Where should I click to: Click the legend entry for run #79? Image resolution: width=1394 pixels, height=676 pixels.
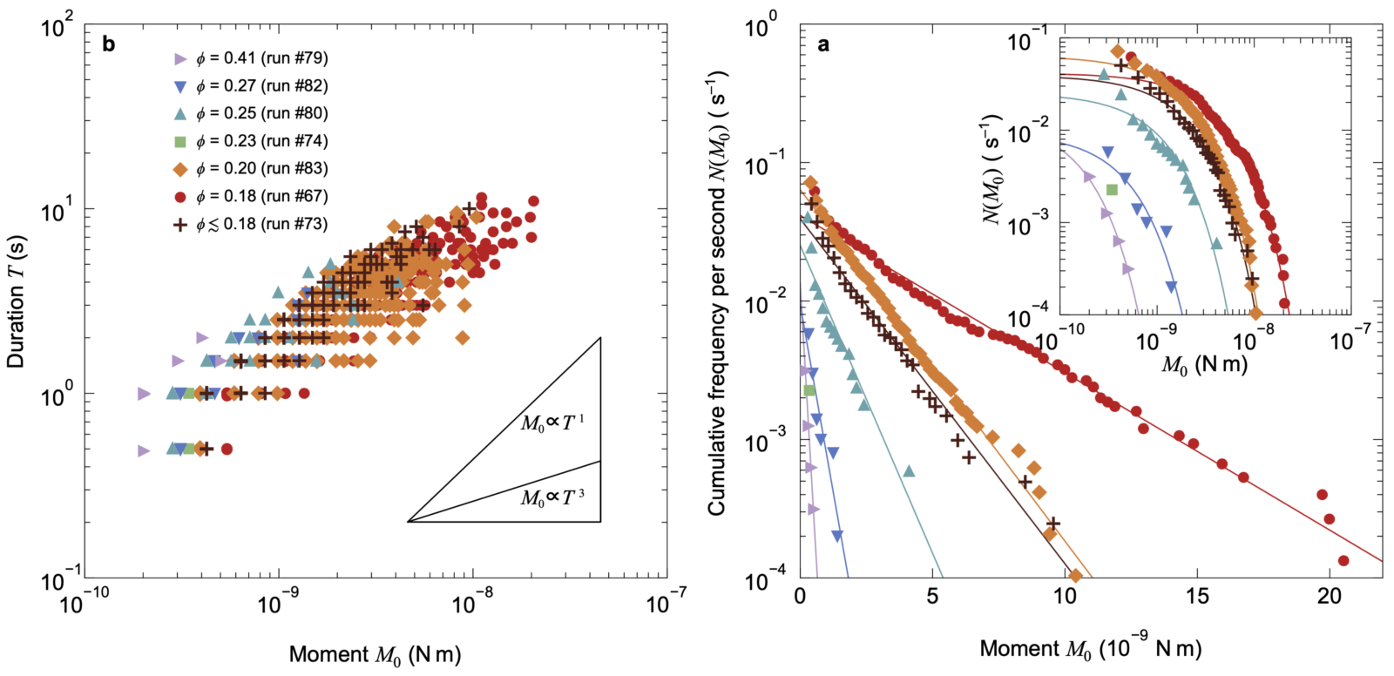tap(251, 58)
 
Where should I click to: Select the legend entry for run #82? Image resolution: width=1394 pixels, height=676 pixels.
tap(251, 85)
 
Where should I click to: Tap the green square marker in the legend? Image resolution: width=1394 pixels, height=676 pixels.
tap(180, 141)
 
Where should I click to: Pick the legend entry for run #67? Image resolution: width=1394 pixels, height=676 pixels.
tap(251, 196)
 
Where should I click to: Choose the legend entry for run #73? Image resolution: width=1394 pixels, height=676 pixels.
tap(251, 224)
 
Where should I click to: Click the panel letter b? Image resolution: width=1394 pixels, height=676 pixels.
tap(109, 44)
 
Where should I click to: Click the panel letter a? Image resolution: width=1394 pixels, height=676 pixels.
tap(823, 44)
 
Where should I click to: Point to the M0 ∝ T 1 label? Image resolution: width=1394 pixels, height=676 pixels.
tap(552, 423)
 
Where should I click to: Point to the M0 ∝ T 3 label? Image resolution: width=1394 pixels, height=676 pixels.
tap(552, 498)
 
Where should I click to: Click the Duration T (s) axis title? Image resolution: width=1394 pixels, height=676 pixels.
tap(16, 300)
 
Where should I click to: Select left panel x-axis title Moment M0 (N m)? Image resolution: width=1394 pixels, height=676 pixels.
tap(375, 655)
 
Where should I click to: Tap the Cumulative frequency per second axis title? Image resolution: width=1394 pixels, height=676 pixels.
tap(716, 292)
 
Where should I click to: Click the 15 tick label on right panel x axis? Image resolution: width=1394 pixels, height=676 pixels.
tap(1197, 597)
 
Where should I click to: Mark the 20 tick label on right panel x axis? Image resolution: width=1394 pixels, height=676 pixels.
tap(1330, 597)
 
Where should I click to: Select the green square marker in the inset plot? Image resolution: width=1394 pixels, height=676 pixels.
tap(1112, 189)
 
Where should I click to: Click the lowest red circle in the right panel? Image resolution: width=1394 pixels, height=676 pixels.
tap(1343, 561)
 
